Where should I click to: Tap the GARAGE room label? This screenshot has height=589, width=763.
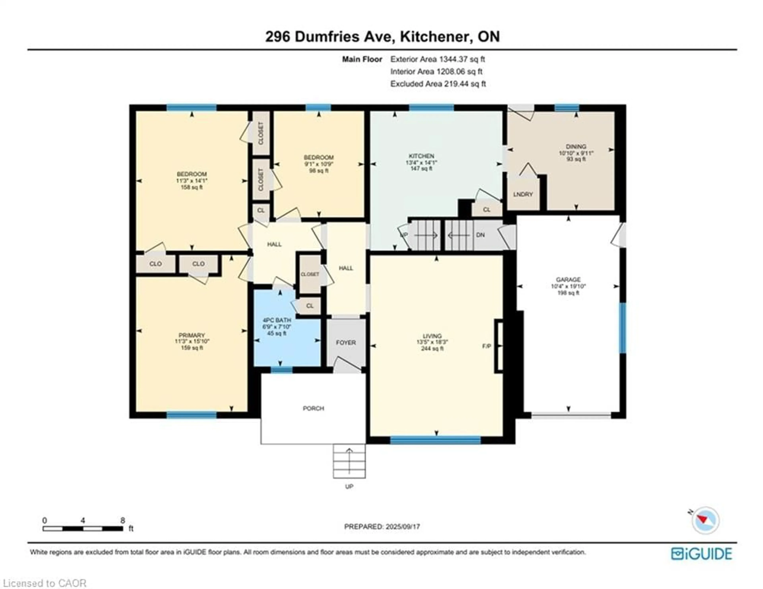[568, 279]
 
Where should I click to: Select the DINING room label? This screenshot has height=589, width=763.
[576, 146]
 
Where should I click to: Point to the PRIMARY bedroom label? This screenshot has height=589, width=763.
[192, 335]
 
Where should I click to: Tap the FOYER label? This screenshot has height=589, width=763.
[346, 343]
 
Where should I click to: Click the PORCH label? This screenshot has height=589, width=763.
[313, 408]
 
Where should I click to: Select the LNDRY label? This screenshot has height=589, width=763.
[523, 194]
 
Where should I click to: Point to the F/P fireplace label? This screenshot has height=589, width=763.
[487, 346]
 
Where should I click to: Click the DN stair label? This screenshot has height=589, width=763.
[480, 235]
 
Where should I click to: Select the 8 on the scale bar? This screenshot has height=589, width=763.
[123, 520]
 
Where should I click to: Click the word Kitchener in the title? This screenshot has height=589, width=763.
[434, 36]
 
